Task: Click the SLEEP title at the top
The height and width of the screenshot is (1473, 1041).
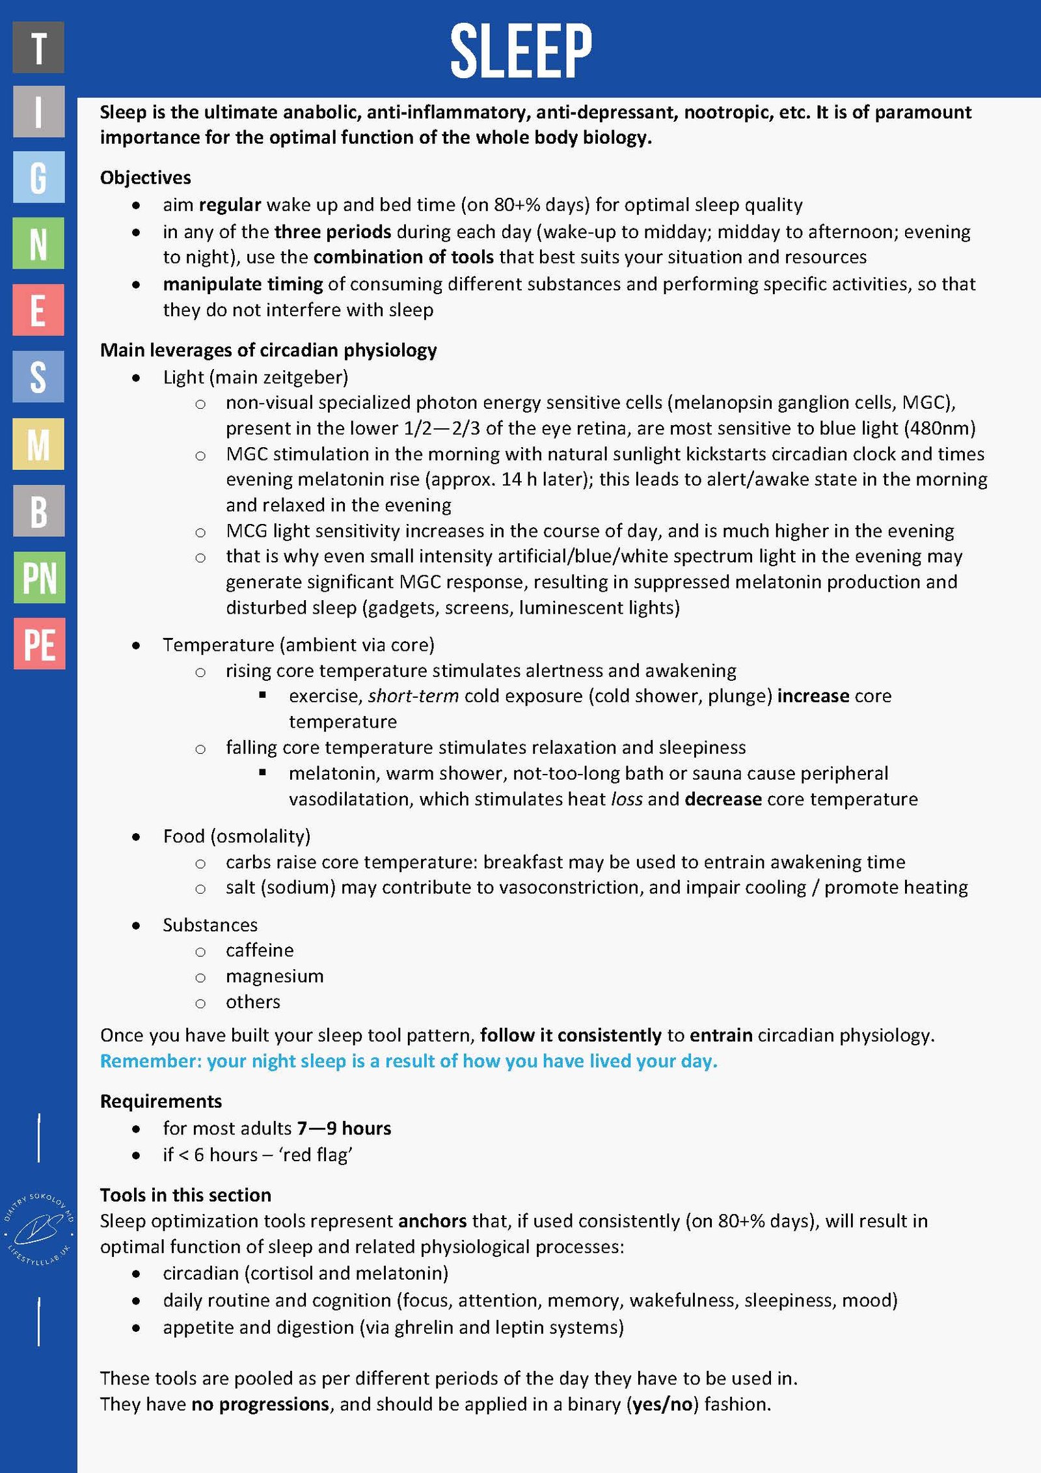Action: click(520, 49)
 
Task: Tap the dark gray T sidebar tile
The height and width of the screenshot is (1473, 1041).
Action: click(38, 47)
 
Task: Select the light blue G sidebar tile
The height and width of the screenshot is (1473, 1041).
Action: click(38, 177)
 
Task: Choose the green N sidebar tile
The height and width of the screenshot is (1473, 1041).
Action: click(38, 243)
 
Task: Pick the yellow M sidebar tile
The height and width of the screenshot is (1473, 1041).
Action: click(38, 444)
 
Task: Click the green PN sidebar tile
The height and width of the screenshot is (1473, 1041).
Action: click(39, 577)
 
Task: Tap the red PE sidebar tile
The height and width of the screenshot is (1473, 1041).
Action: click(39, 644)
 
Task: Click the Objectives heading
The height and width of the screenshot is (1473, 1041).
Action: click(145, 178)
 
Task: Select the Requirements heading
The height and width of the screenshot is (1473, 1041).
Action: click(161, 1101)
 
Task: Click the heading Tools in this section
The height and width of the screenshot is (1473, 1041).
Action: click(185, 1195)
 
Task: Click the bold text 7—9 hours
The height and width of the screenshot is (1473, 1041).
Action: click(344, 1128)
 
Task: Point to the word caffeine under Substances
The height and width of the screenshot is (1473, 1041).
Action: click(260, 950)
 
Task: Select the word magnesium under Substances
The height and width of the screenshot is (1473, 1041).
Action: click(275, 976)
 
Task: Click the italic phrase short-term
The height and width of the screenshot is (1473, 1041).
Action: click(413, 696)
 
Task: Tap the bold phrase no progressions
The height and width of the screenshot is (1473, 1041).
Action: click(260, 1404)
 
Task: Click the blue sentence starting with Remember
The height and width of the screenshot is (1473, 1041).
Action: click(409, 1061)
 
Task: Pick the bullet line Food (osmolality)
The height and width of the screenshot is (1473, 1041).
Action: click(236, 836)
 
